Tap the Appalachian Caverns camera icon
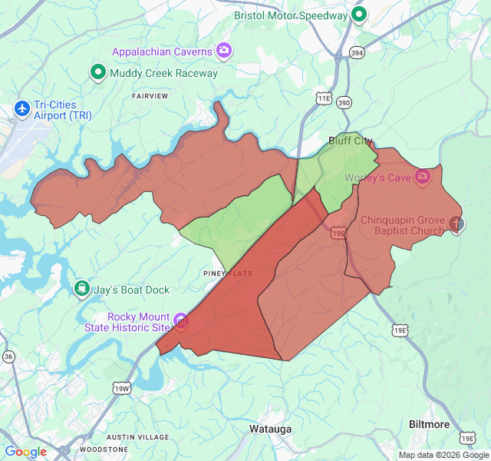224,51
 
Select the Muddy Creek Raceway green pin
97,73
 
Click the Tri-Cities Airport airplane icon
21,108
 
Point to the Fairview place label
150,96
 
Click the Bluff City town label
350,141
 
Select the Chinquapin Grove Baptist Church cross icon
456,224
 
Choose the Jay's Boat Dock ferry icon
81,289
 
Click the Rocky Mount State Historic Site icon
181,320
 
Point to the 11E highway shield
324,98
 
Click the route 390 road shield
344,102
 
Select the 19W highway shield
121,389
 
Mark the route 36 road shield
8,357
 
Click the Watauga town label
270,429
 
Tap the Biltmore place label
430,424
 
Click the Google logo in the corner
25,452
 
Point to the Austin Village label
143,436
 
